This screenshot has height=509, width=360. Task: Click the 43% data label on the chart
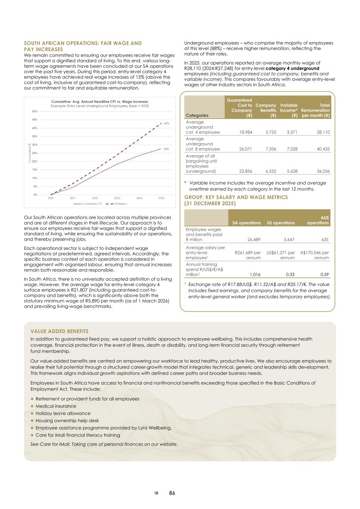(x=166, y=123)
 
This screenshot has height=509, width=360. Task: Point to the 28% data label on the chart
(x=166, y=149)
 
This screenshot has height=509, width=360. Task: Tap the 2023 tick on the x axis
(x=117, y=198)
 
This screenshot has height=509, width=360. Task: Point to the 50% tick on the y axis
(x=35, y=111)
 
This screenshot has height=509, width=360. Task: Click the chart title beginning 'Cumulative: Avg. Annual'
(x=100, y=101)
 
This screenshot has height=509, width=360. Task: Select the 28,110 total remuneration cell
(x=322, y=132)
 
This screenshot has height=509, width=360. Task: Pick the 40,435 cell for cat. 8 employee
(x=322, y=149)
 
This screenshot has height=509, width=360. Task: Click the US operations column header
(x=281, y=223)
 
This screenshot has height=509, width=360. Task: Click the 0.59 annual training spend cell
(x=324, y=274)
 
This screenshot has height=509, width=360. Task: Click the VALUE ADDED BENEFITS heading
(x=59, y=331)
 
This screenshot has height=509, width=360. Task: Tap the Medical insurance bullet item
(x=56, y=406)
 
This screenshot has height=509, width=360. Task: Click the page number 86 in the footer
(x=172, y=493)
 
